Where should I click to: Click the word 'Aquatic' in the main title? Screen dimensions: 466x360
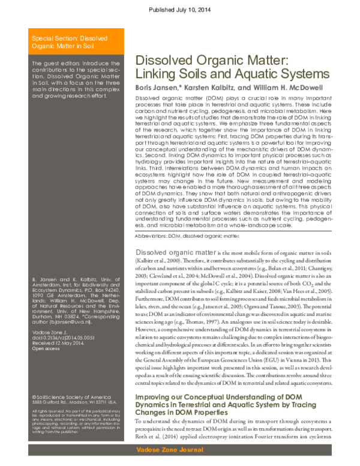[233, 74]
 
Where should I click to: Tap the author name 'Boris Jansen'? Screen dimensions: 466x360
[158, 87]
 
